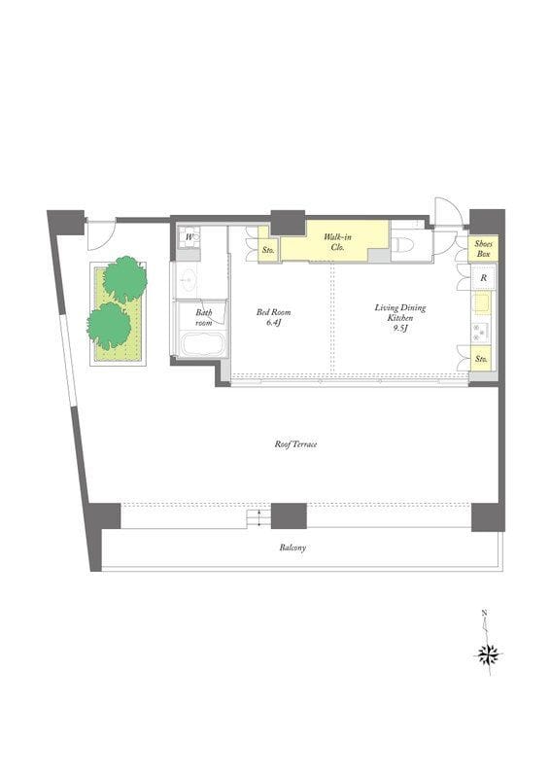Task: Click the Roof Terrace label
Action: click(x=295, y=444)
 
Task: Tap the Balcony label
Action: click(x=292, y=548)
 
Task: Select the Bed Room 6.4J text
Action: click(x=273, y=318)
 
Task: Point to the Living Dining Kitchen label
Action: click(x=399, y=318)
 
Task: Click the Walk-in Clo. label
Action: click(x=337, y=242)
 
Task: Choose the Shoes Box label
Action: click(x=483, y=249)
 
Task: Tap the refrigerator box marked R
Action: click(x=483, y=278)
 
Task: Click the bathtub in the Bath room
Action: click(x=202, y=343)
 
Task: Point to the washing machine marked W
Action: click(x=189, y=237)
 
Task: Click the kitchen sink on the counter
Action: click(x=481, y=303)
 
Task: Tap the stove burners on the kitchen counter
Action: click(x=480, y=332)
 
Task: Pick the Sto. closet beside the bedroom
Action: click(x=269, y=250)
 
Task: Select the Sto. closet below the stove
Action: click(x=481, y=358)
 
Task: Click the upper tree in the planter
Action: click(x=125, y=279)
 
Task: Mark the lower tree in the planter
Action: click(x=109, y=326)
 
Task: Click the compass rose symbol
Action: click(x=489, y=654)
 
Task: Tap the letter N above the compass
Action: click(x=484, y=614)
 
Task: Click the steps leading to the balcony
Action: click(x=258, y=518)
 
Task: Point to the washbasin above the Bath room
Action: click(x=188, y=281)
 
